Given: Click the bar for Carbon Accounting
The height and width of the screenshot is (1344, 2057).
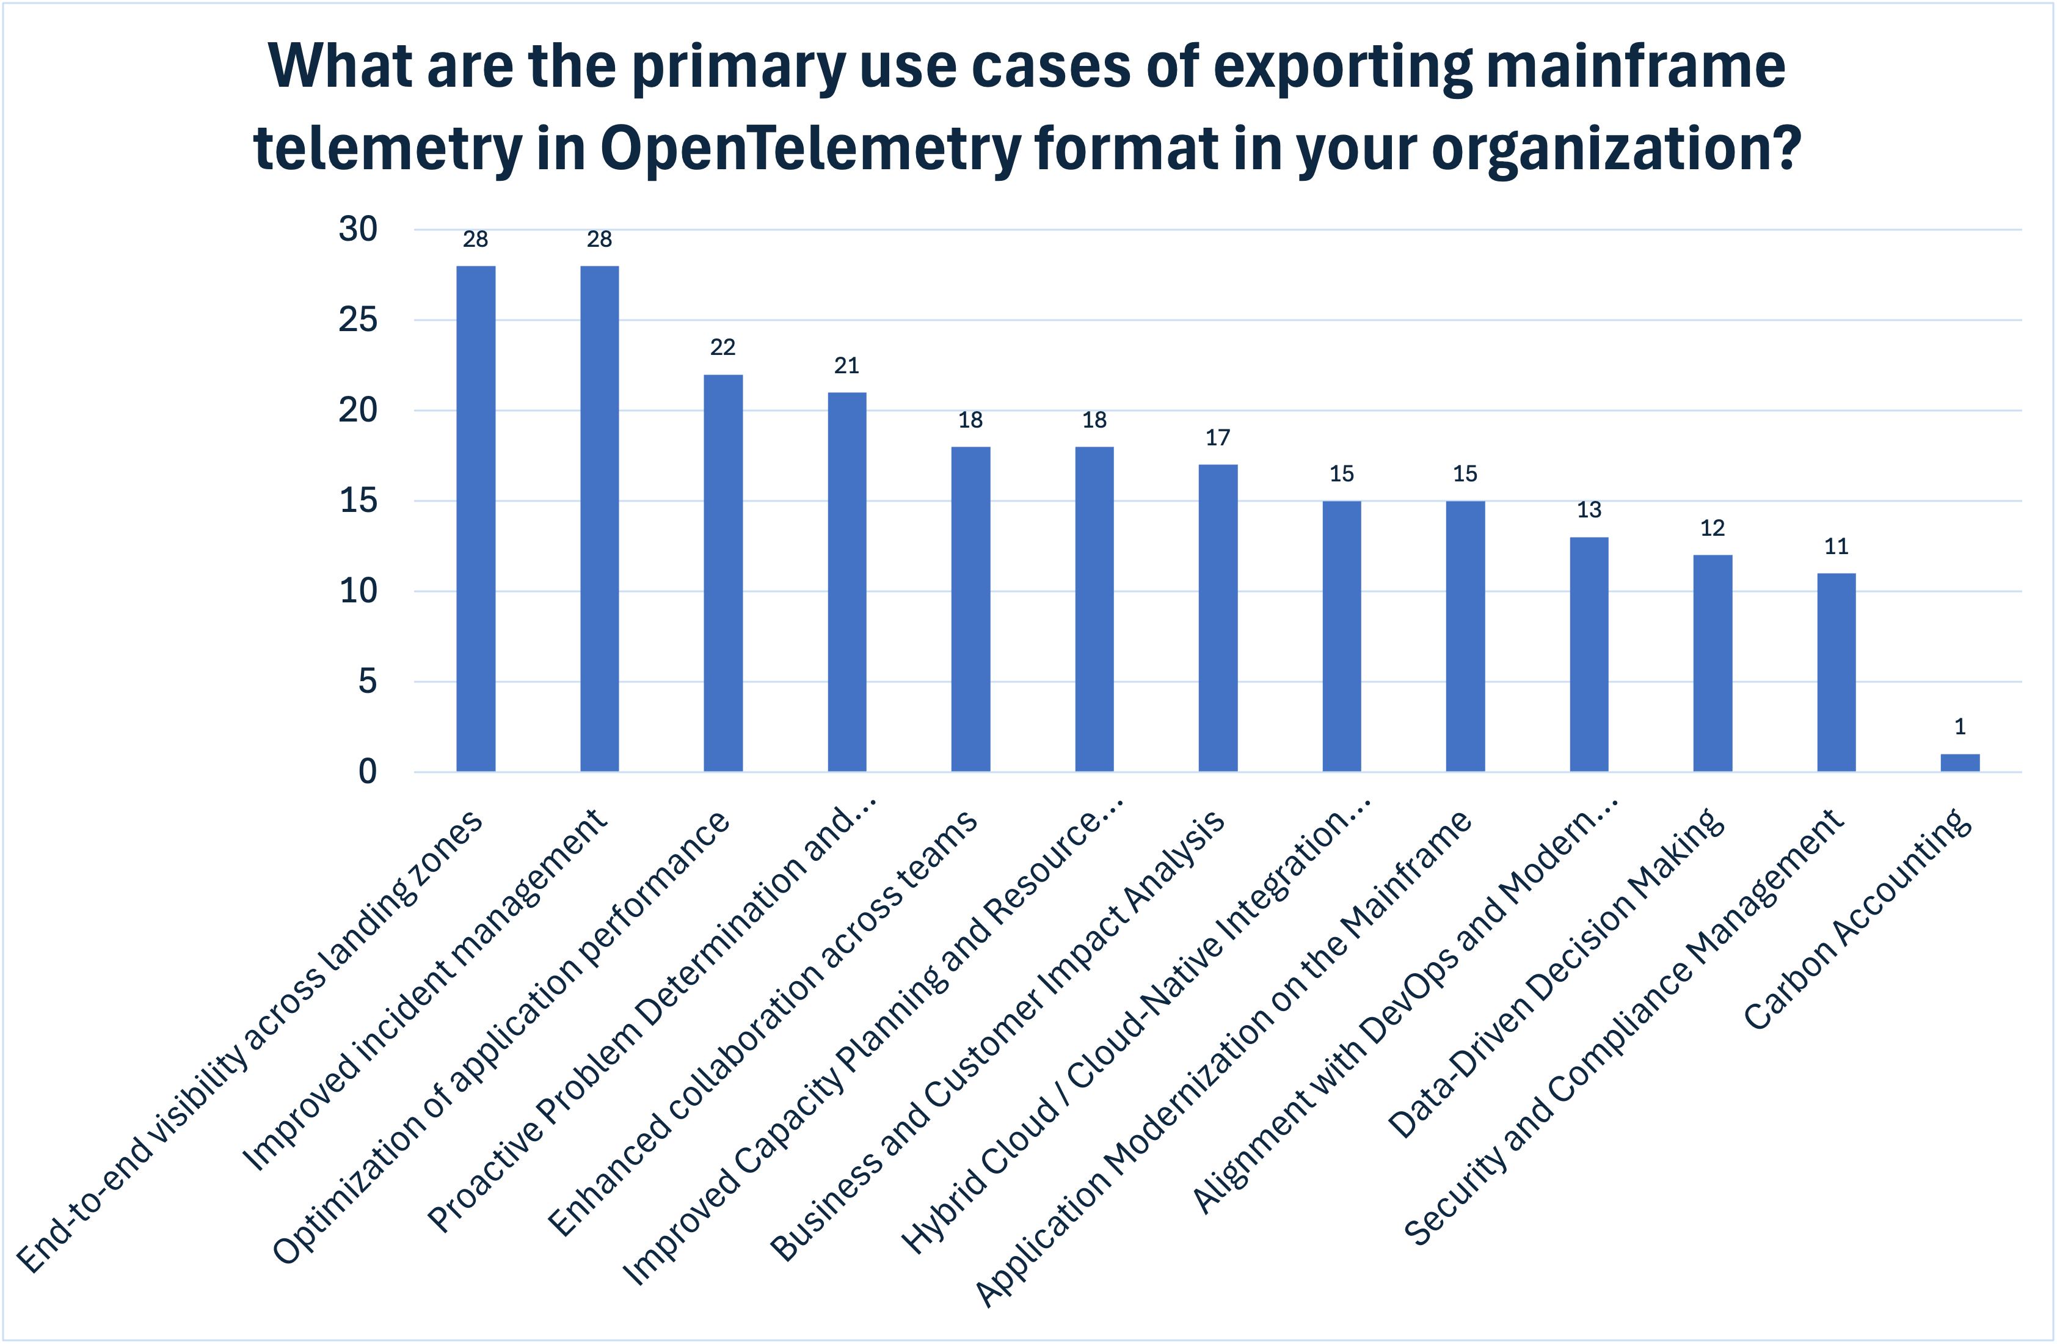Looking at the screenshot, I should [1961, 762].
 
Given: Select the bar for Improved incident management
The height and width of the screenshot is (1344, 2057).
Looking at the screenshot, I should [599, 519].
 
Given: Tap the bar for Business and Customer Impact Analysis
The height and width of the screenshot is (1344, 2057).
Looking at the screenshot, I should [1218, 618].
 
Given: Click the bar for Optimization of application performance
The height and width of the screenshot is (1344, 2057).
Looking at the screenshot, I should [723, 572].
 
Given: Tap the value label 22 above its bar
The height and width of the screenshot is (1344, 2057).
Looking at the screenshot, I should [723, 348].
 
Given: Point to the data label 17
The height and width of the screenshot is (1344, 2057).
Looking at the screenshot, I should [1218, 438].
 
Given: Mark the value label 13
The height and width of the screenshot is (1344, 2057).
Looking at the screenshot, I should [1589, 510].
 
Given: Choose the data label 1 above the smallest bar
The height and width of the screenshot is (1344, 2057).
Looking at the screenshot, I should [1961, 727].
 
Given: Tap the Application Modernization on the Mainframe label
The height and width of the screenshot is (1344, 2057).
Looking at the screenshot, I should [1223, 1059].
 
